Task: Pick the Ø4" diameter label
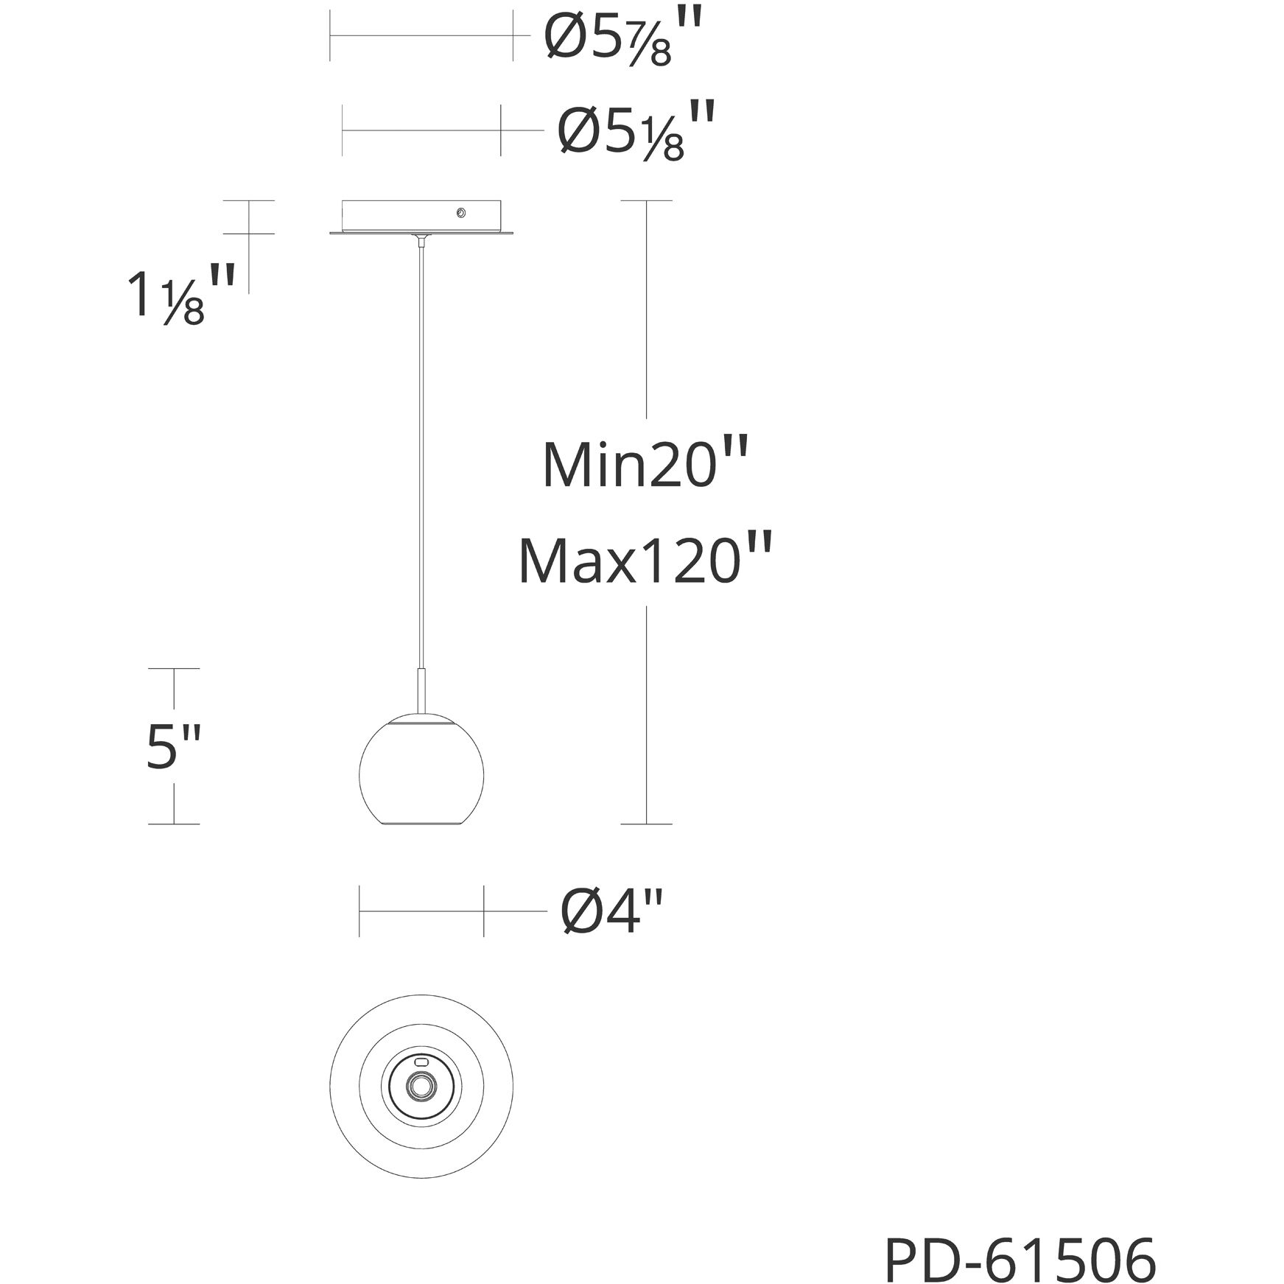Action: (613, 911)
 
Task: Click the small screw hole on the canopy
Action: (460, 213)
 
